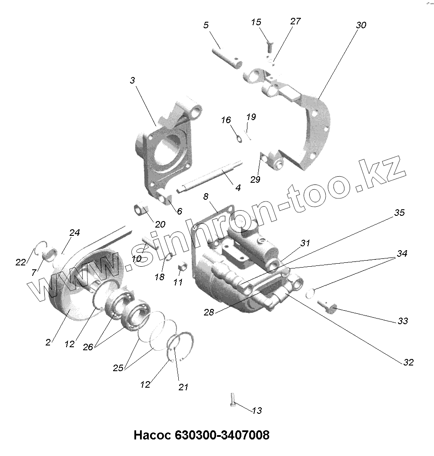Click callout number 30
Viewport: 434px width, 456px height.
point(361,25)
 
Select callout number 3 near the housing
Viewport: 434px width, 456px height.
point(133,80)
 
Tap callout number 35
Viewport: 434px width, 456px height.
point(399,213)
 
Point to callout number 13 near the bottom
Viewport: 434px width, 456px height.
point(257,410)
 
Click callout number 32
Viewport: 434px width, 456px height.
point(408,362)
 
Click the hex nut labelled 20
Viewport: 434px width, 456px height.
point(141,209)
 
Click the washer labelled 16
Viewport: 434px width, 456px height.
point(239,138)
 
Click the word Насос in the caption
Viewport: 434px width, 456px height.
point(153,435)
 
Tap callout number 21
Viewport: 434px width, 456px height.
point(184,387)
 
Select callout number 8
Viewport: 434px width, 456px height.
point(206,197)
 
